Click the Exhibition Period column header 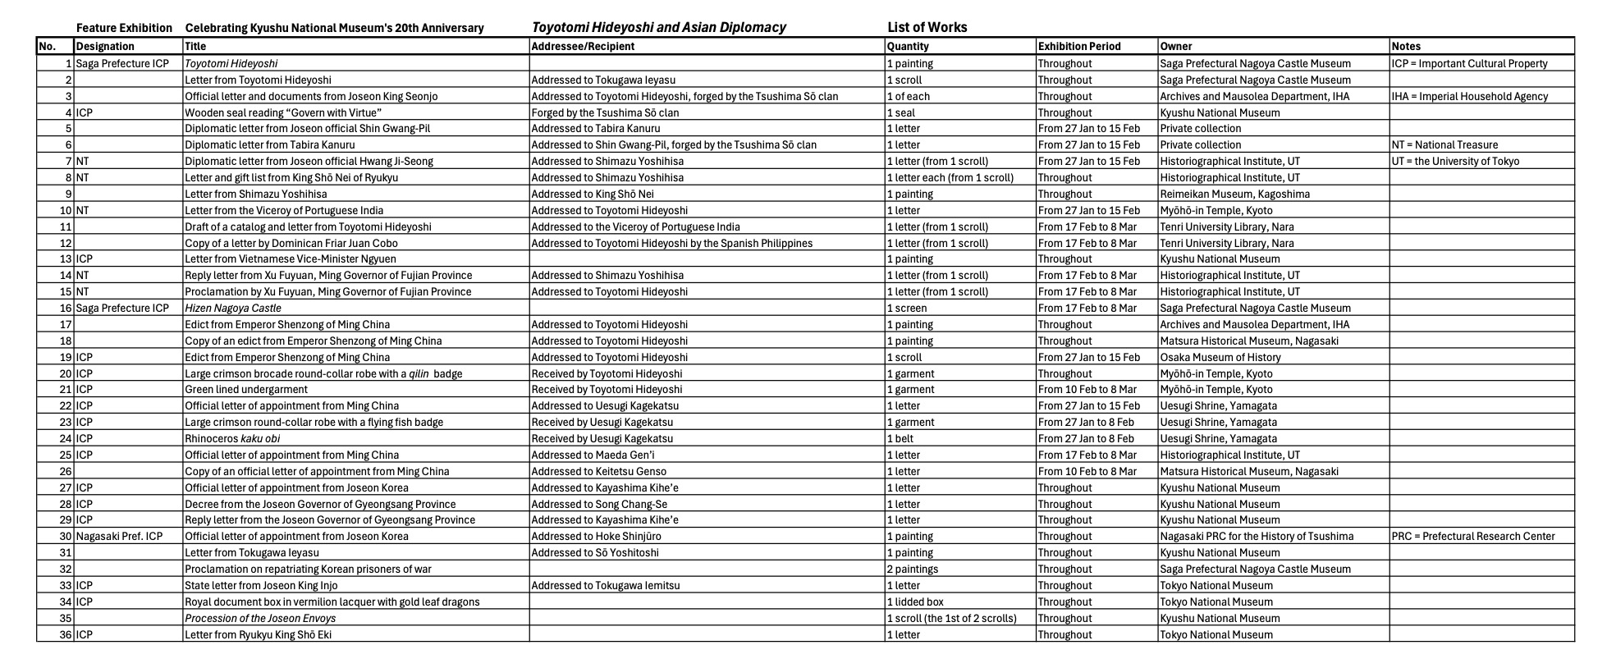tap(1078, 47)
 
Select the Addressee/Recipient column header tap(583, 47)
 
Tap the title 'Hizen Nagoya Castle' tap(233, 309)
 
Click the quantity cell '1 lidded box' tap(915, 602)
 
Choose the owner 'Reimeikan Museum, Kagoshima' tap(1234, 194)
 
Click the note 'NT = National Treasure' tap(1444, 145)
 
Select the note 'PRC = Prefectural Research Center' tap(1473, 537)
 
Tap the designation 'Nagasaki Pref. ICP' tap(119, 537)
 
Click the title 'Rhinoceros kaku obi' tap(232, 439)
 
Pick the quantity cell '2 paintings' tap(913, 570)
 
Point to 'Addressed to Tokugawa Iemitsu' tap(606, 586)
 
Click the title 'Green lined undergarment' tap(246, 390)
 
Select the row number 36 tap(66, 635)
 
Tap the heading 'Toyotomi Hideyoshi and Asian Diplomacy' tap(658, 27)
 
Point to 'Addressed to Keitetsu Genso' tap(598, 472)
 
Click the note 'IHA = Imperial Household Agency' tap(1470, 96)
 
